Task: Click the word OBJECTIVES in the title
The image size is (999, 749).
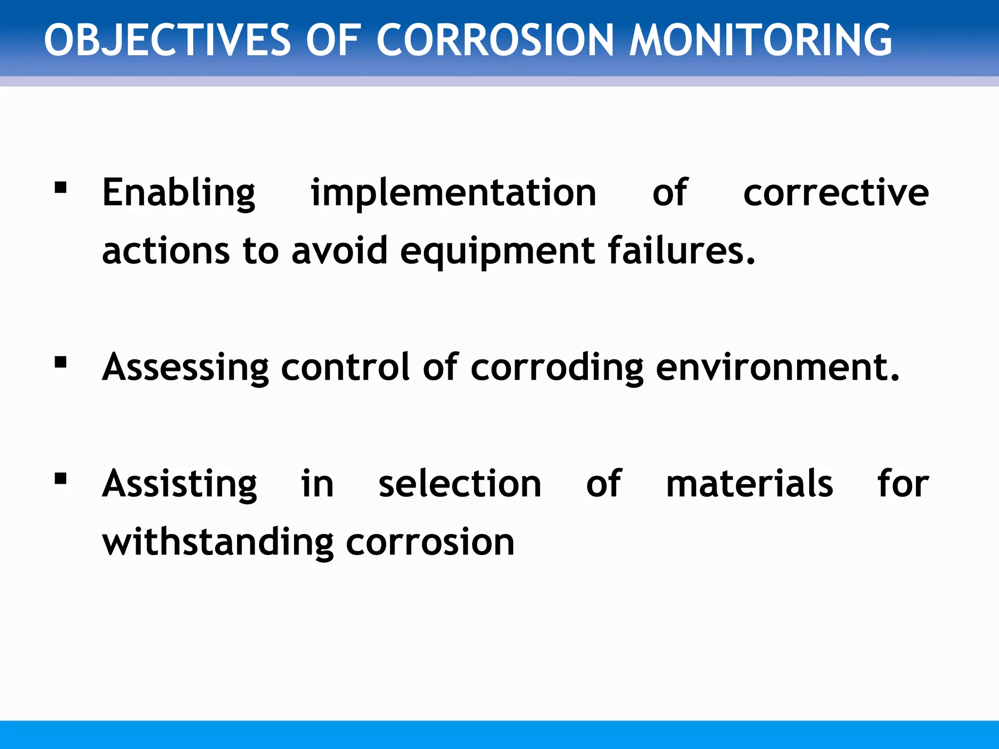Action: coord(167,40)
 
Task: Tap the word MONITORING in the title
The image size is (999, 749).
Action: coord(760,40)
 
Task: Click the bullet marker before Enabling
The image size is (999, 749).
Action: coord(60,188)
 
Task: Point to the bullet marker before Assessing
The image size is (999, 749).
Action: coord(60,362)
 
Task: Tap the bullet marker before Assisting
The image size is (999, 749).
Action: coord(60,479)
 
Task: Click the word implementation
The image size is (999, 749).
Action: coord(454,193)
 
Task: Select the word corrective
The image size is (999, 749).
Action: coord(836,193)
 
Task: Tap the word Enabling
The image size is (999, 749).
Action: coord(179,193)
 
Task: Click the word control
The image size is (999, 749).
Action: coord(345,367)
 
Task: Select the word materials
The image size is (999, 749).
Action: coord(749,484)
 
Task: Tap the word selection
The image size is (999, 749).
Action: coord(460,484)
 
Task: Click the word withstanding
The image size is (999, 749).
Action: coord(218,542)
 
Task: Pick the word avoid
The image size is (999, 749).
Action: coord(339,251)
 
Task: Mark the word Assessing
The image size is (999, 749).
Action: coord(185,367)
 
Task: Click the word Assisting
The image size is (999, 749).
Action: coord(179,484)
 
